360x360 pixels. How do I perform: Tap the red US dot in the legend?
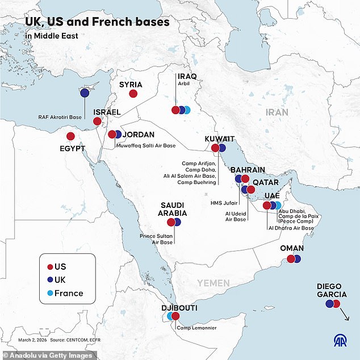pos(50,266)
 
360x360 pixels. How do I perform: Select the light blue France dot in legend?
pos(50,294)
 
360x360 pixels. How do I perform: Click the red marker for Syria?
pos(133,94)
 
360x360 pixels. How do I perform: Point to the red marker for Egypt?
pos(70,136)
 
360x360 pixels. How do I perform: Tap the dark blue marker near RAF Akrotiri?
pos(85,93)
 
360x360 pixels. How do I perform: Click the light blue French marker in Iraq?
pos(187,110)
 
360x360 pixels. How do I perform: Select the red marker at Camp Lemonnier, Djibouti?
pos(175,316)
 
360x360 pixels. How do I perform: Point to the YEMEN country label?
pos(214,283)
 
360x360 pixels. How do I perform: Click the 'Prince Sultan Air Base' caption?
pos(156,238)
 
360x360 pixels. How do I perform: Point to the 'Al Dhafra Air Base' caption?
pos(291,228)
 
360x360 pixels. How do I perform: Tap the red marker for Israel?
pos(97,121)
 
